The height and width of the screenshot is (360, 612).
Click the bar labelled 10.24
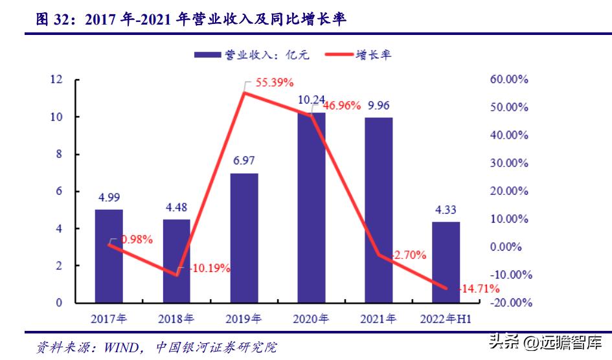[312, 207]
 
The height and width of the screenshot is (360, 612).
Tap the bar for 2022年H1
[446, 262]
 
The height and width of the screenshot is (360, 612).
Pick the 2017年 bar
[109, 256]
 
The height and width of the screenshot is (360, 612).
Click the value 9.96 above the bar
[379, 106]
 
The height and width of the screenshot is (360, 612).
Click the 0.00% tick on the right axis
[509, 247]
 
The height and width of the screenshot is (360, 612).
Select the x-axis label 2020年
[312, 319]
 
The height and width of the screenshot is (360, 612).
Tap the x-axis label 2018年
[176, 319]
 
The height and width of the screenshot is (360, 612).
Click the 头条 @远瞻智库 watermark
[545, 342]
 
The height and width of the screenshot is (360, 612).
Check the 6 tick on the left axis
[59, 191]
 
